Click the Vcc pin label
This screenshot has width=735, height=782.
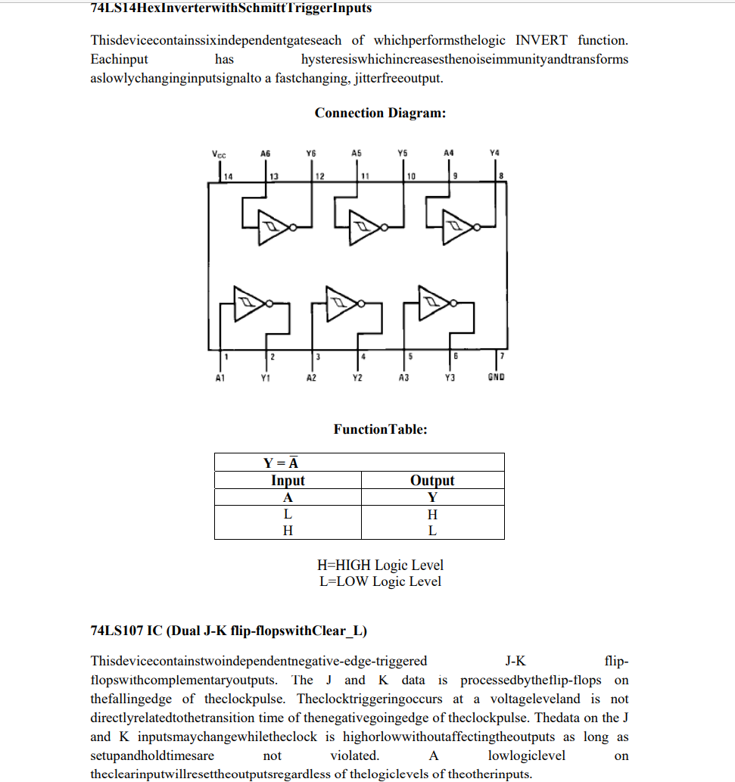[220, 154]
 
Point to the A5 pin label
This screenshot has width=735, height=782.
[357, 153]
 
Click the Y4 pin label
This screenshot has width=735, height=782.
[494, 153]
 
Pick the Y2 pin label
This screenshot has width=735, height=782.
[357, 376]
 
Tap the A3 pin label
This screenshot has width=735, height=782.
[403, 376]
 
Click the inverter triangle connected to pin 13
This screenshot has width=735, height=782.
[272, 226]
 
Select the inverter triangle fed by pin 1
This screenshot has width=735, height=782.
[248, 303]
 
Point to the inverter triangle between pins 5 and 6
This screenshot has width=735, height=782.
[432, 302]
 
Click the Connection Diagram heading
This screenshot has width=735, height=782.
[380, 114]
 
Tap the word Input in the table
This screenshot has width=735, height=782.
[288, 481]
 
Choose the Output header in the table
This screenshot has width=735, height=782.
[432, 481]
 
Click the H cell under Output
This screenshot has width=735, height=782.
[432, 515]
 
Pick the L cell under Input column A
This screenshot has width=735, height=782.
[288, 515]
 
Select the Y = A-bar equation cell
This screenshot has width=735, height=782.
[284, 463]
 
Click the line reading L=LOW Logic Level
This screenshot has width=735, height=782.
[380, 582]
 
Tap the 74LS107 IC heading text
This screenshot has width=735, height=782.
[229, 631]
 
